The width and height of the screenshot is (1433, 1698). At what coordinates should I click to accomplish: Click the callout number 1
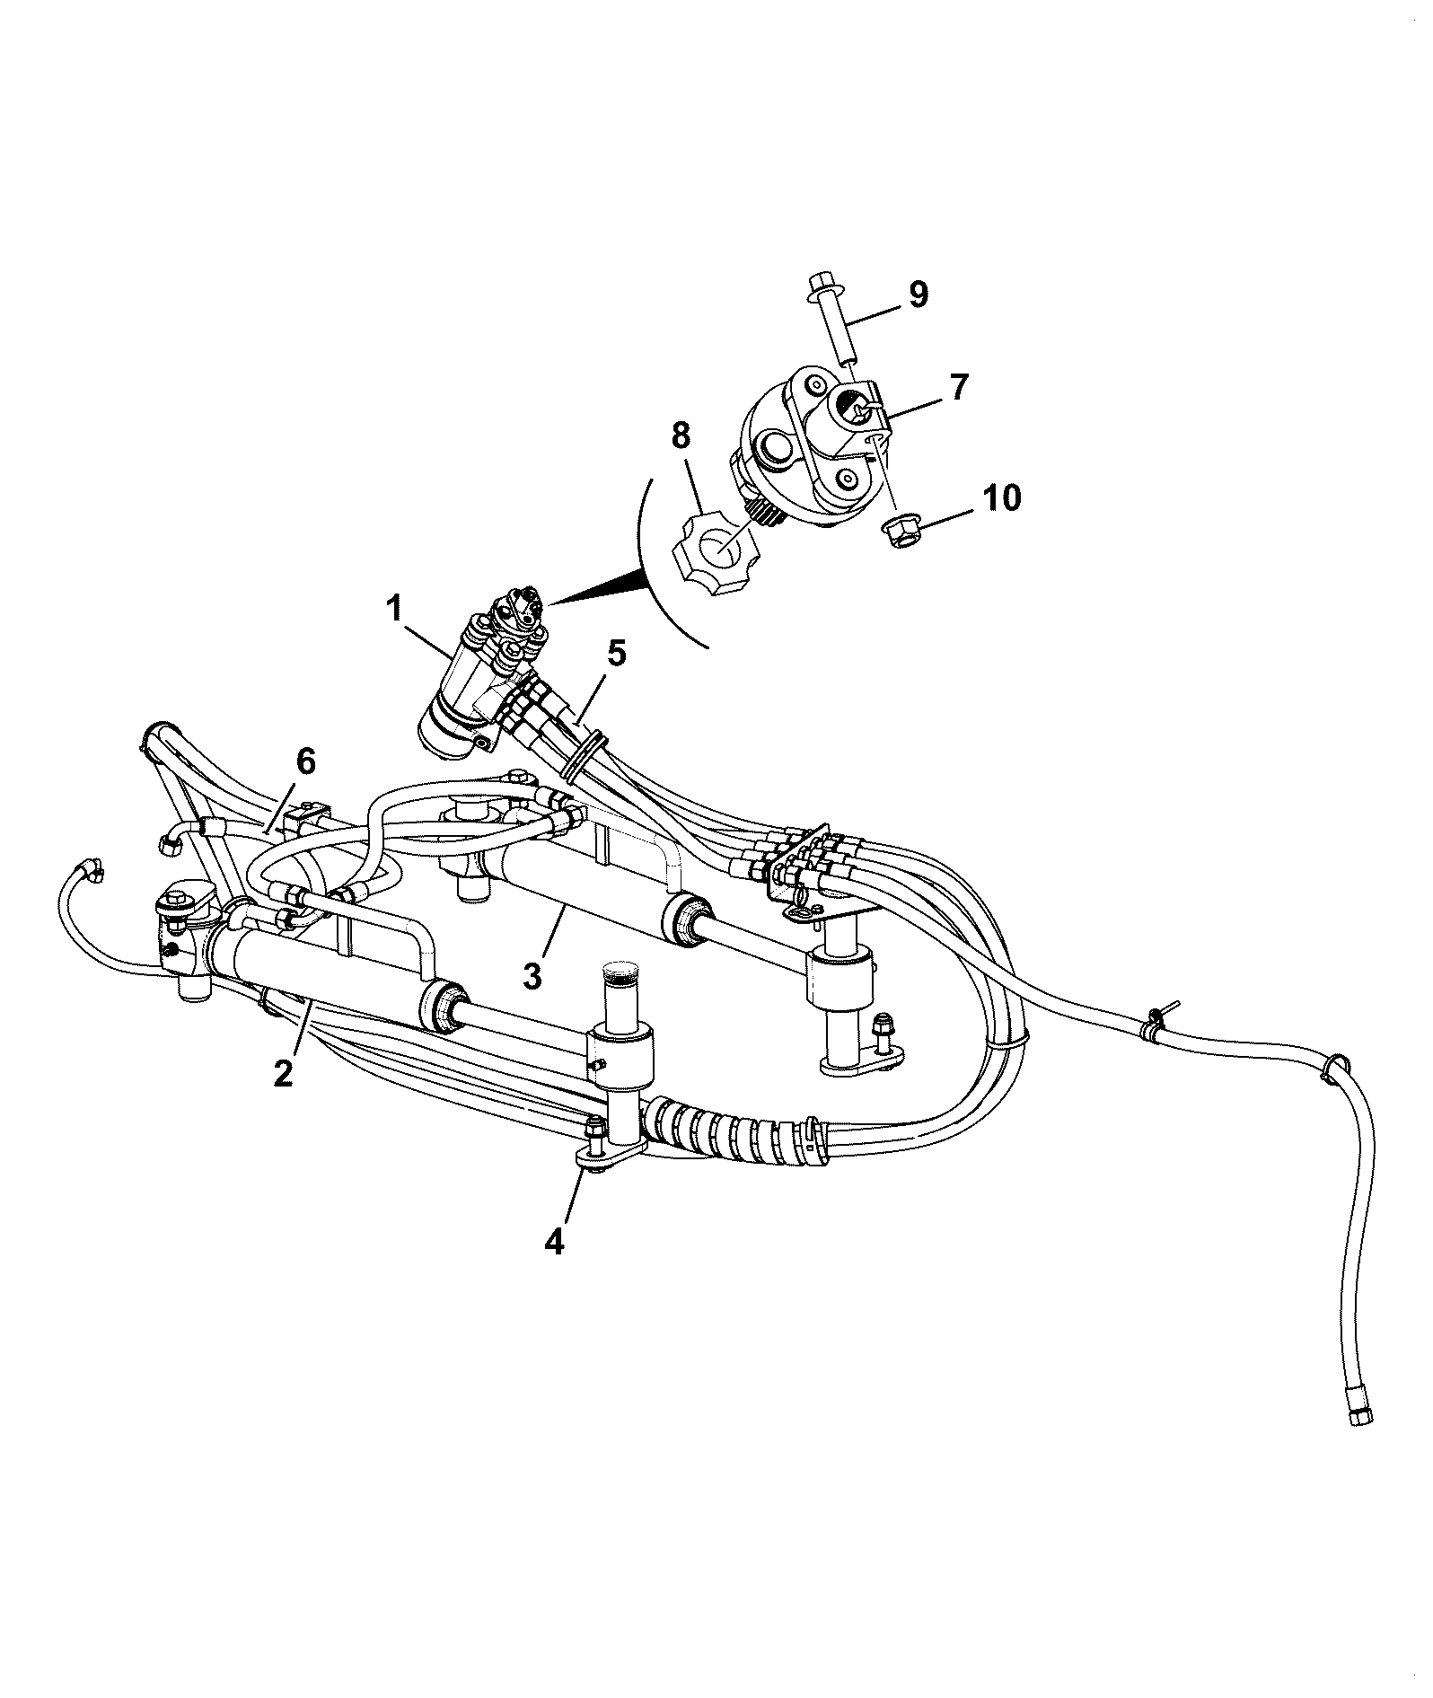393,609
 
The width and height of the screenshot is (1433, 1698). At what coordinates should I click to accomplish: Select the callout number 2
284,1072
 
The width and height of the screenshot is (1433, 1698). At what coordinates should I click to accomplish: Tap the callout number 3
533,975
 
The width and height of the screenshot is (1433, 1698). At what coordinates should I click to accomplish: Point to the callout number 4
554,1241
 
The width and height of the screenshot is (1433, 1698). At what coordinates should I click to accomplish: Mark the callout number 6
306,762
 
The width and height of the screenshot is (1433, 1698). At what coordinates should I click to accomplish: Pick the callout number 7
959,387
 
